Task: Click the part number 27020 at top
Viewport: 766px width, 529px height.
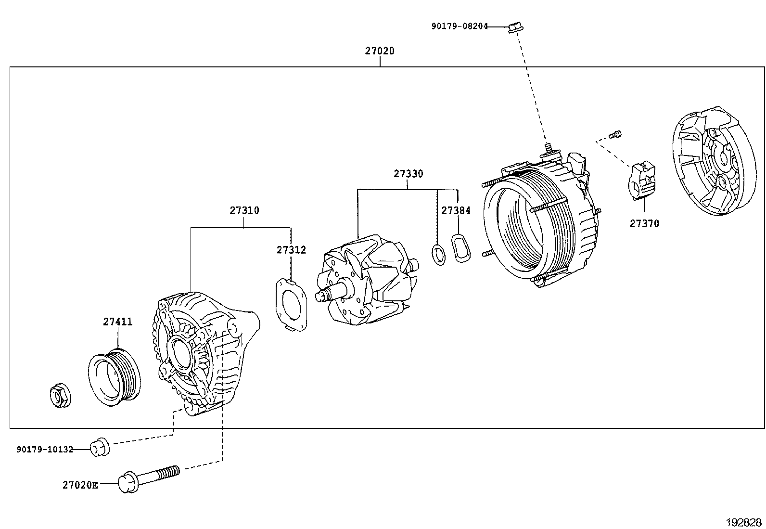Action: pos(379,51)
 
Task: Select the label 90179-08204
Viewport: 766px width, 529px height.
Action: pos(459,27)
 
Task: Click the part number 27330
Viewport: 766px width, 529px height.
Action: pos(408,174)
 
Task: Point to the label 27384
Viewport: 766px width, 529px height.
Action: pos(456,210)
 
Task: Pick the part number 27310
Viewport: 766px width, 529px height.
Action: pos(244,210)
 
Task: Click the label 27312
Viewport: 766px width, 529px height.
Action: pos(291,250)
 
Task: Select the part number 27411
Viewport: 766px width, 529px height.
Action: pos(117,322)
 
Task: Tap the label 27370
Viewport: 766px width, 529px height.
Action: pos(644,223)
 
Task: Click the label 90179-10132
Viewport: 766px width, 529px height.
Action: pos(45,450)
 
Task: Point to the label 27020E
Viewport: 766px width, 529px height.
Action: pos(80,485)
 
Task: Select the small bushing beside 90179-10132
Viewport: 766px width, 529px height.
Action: pos(100,447)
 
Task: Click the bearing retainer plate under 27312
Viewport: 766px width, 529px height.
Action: pos(291,305)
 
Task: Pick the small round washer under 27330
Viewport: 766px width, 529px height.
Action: pos(438,255)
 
